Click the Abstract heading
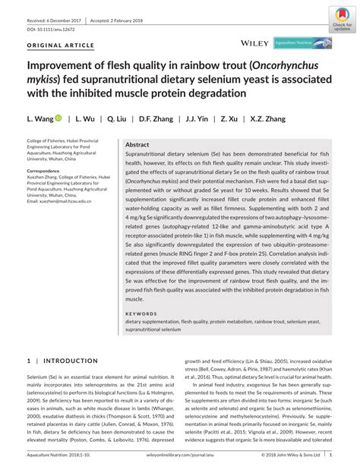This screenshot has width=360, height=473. point(137,144)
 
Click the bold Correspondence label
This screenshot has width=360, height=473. point(49,171)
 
